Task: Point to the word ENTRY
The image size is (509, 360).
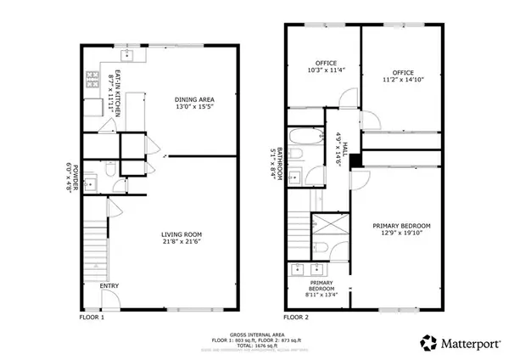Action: click(109, 285)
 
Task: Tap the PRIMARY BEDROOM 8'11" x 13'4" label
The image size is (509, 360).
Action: click(322, 289)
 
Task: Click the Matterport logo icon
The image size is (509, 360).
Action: click(428, 342)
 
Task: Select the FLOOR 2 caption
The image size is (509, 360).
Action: click(296, 318)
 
